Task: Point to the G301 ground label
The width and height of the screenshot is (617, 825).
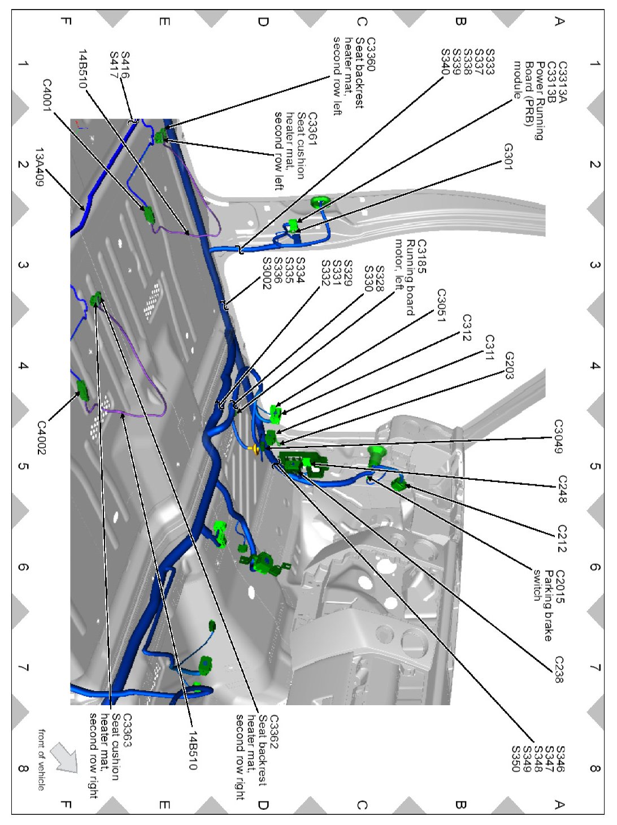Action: [x=508, y=157]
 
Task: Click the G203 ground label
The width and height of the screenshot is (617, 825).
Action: [x=509, y=366]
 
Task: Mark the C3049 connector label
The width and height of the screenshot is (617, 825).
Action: [x=558, y=436]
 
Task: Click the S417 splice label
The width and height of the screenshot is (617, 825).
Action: [x=114, y=66]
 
